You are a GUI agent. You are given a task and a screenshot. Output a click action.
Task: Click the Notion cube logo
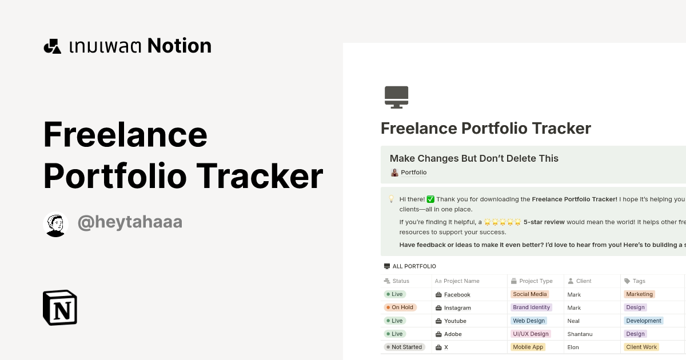[60, 307]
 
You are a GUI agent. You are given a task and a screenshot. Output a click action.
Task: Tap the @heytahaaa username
[130, 222]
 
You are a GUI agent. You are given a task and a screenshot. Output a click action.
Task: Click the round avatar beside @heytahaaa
[55, 225]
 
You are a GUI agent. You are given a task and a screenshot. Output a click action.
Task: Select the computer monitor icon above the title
[396, 97]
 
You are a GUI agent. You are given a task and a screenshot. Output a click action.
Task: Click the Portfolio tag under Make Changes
[409, 173]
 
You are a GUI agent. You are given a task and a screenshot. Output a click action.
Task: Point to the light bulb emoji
[392, 199]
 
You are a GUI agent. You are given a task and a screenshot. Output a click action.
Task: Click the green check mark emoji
[430, 199]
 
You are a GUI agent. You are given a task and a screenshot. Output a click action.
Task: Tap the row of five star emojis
[502, 222]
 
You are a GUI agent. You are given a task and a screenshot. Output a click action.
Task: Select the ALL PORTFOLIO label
[414, 266]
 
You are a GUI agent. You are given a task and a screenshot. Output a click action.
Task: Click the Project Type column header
[536, 281]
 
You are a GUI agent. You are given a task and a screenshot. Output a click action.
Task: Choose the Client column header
[583, 281]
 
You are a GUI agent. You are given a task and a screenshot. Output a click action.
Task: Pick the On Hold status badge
[400, 307]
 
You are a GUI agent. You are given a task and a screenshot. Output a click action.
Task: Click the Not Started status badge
[404, 347]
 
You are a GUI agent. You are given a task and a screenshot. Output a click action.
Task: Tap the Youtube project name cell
[455, 321]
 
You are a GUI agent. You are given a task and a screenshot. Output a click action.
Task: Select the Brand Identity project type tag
[531, 307]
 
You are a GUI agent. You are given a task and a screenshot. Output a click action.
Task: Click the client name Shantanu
[579, 334]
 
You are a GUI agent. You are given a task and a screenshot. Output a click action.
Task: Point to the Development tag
[644, 321]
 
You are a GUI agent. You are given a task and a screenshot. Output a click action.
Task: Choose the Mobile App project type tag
[528, 347]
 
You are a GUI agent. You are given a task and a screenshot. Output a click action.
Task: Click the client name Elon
[573, 347]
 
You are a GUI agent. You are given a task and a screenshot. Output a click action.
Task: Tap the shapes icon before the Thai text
[52, 46]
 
